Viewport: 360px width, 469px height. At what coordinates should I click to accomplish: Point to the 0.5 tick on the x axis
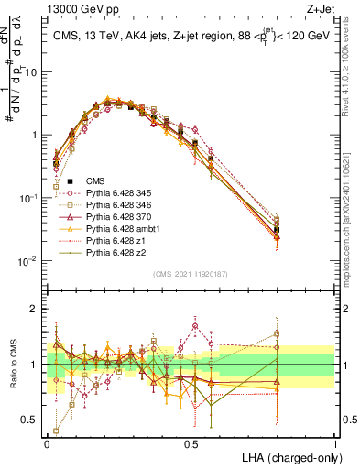pyautogui.click(x=191, y=442)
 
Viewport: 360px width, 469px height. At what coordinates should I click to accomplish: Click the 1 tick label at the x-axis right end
pyautogui.click(x=334, y=442)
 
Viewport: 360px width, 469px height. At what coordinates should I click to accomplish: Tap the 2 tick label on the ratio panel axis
pyautogui.click(x=37, y=309)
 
